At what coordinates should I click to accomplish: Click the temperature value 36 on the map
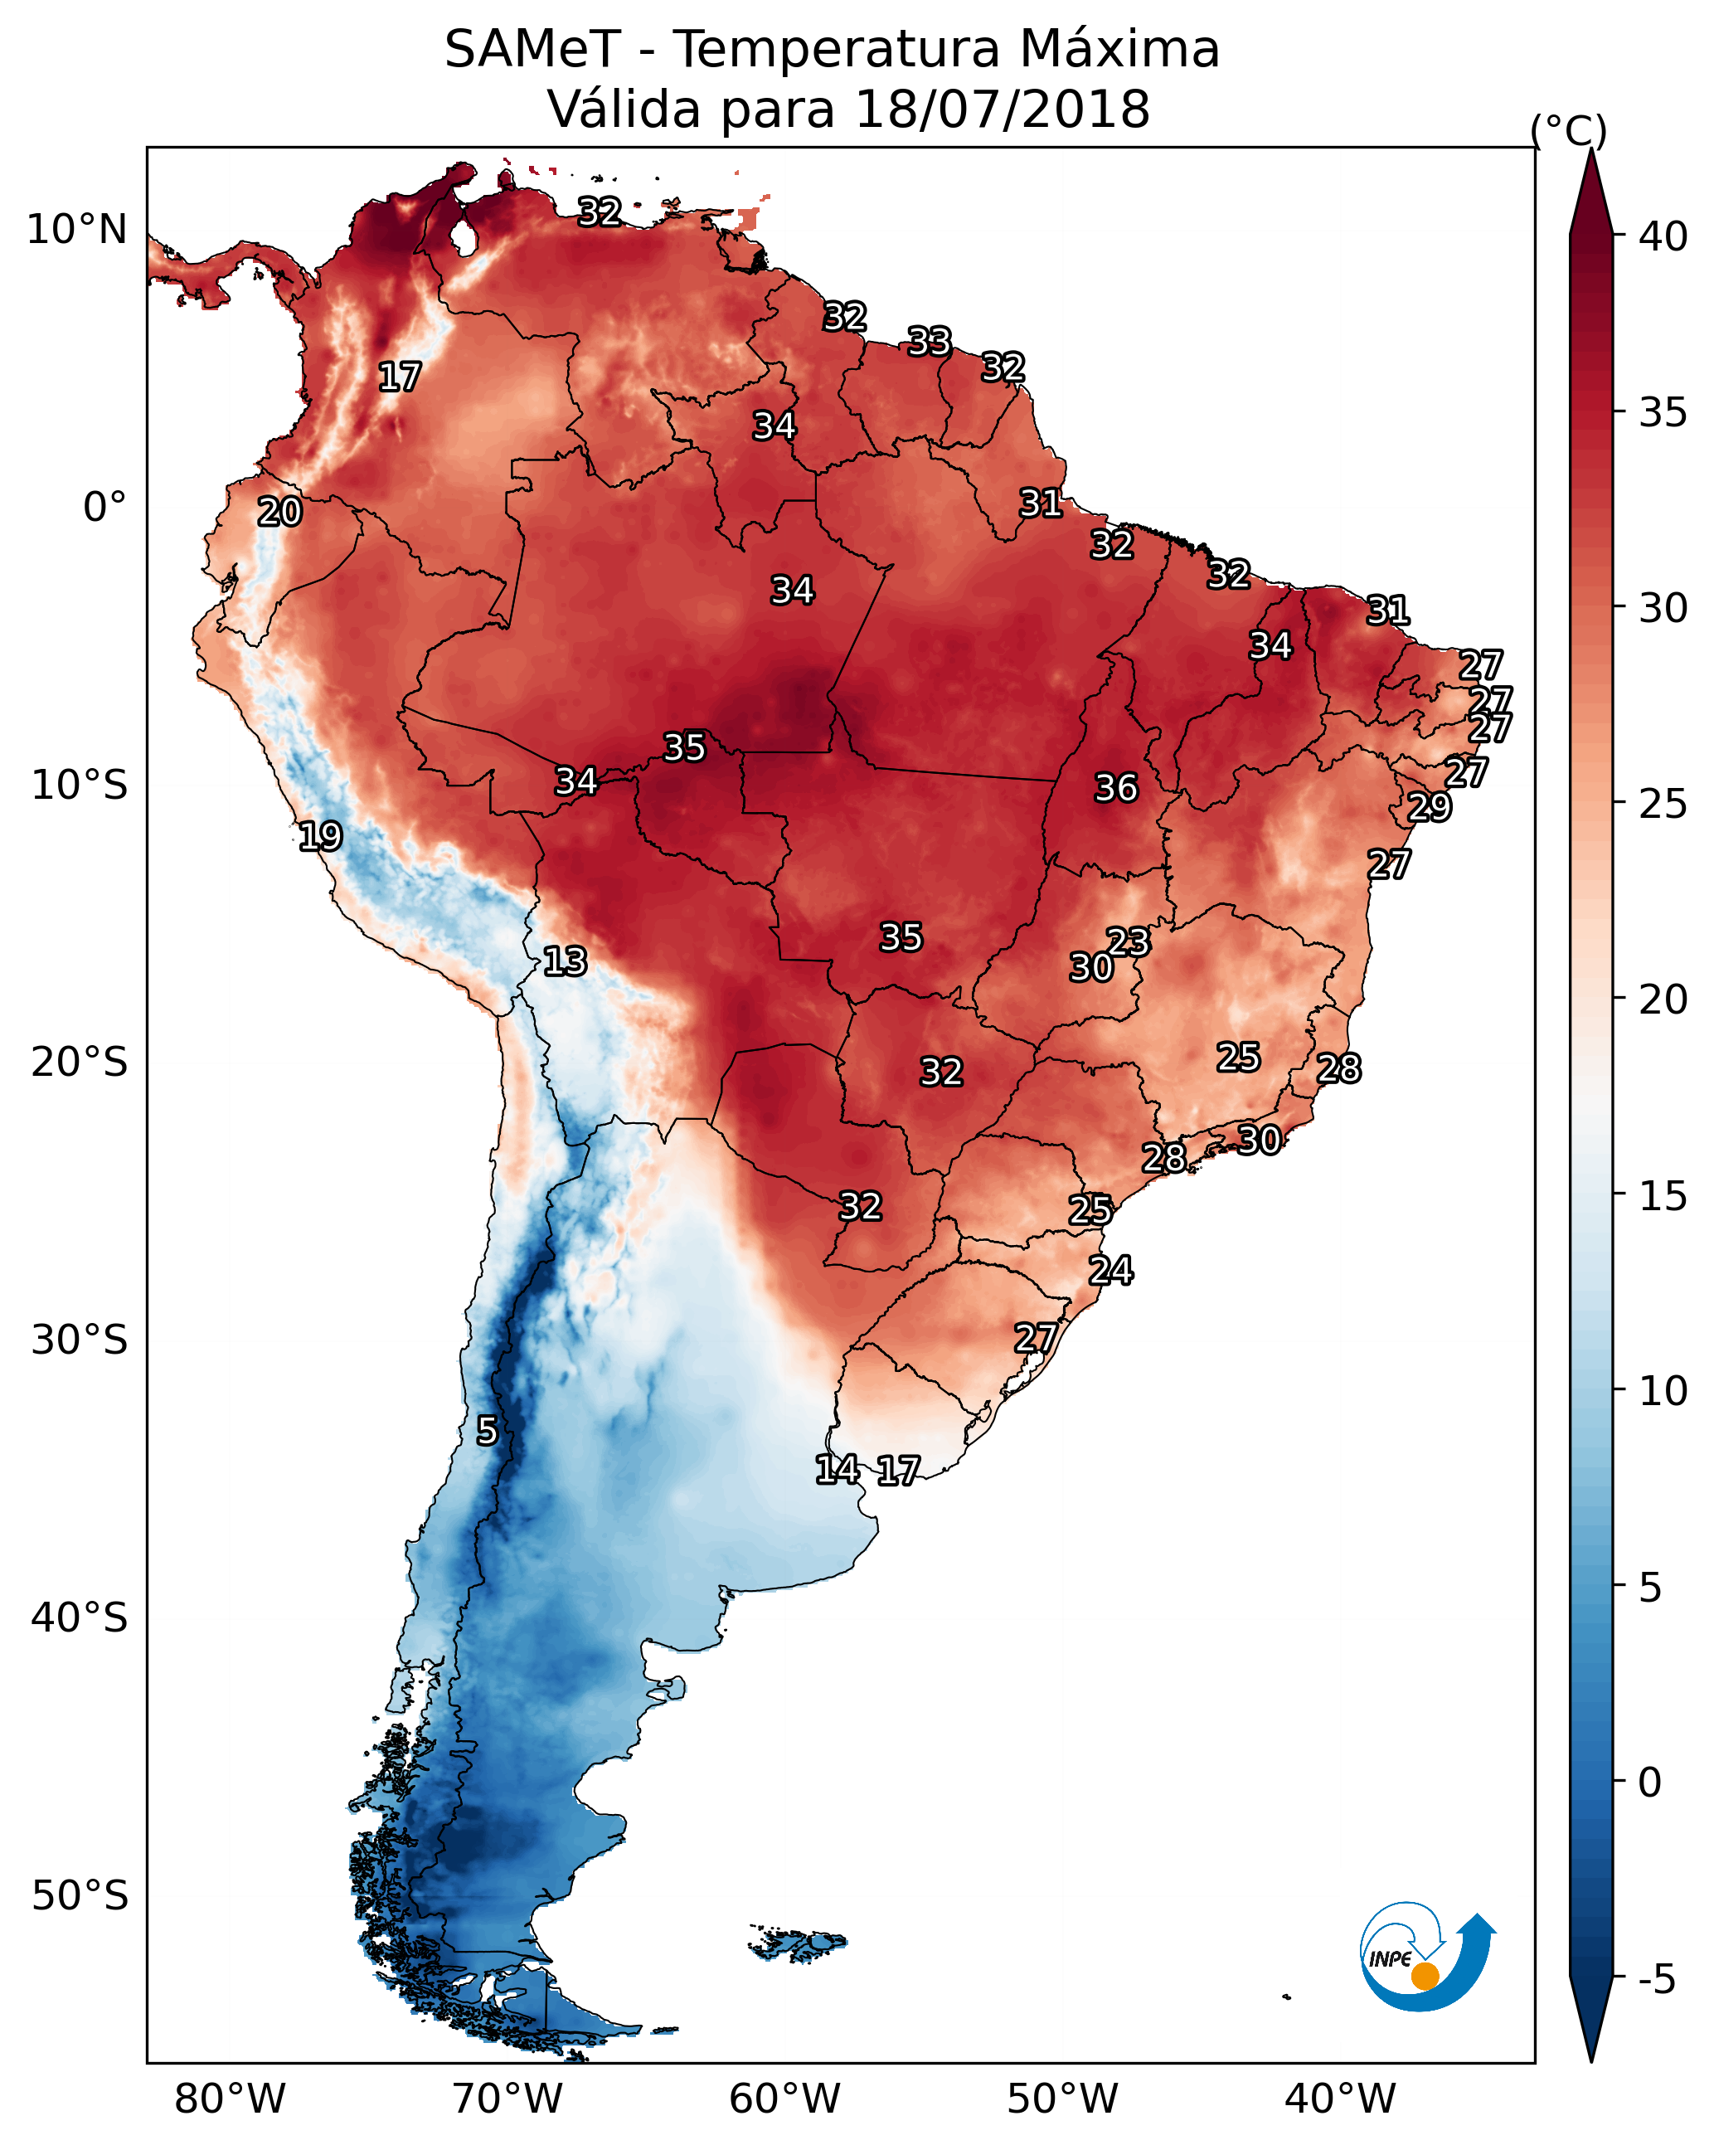(x=1115, y=788)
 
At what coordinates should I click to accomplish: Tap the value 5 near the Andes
(x=487, y=1431)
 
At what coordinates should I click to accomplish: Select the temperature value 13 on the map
(x=565, y=961)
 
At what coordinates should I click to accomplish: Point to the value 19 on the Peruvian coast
(x=320, y=836)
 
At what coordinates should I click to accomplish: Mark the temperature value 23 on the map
(x=1128, y=941)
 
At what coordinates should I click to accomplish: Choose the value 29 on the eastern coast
(x=1430, y=806)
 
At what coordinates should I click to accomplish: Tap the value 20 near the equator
(x=279, y=512)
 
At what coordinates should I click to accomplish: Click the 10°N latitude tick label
(x=76, y=230)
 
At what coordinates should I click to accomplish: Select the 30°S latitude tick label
(x=80, y=1340)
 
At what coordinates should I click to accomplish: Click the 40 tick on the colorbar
(x=1663, y=236)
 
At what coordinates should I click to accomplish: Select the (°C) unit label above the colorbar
(x=1569, y=130)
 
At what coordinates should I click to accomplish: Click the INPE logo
(x=1428, y=1959)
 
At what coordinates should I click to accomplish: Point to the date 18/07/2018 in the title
(x=1002, y=109)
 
